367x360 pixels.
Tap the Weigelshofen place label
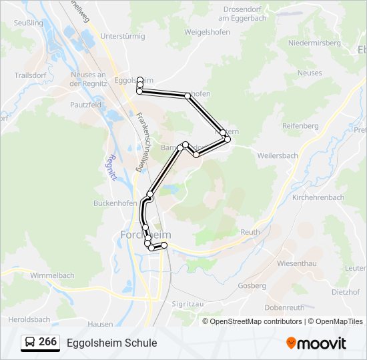point(189,32)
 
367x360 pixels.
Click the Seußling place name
point(28,23)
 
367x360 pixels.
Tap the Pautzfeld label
point(85,105)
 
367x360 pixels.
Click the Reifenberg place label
point(300,125)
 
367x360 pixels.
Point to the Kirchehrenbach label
point(318,198)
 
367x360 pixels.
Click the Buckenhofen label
point(115,203)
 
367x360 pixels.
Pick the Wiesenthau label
point(296,263)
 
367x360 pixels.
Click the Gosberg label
point(252,286)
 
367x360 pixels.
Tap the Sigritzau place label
point(188,303)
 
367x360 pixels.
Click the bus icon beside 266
point(30,343)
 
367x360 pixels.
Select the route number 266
point(48,342)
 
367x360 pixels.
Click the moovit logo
point(317,343)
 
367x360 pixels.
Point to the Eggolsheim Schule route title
point(112,343)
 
